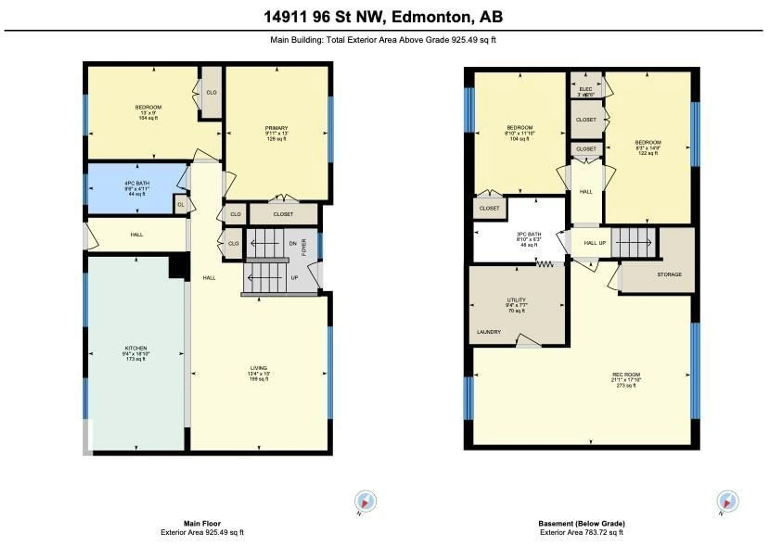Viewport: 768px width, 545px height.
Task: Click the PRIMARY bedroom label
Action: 276,128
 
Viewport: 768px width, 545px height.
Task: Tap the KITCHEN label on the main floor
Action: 136,348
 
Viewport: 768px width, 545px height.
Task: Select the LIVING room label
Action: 259,368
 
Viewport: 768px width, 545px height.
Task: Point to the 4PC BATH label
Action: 137,183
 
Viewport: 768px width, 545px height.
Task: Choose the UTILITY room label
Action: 516,300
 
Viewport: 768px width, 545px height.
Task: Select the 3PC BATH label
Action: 529,234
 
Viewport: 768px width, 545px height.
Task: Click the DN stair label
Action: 293,243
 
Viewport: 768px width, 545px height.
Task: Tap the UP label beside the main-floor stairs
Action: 294,278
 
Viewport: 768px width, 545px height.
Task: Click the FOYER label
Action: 304,247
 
